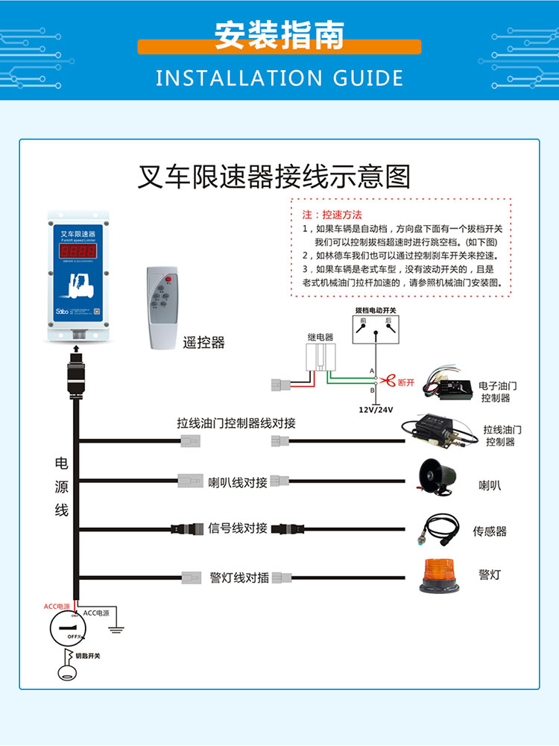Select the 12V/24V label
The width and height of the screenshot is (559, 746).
point(376,410)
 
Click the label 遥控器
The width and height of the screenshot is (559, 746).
point(203,343)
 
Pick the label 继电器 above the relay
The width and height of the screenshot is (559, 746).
point(320,337)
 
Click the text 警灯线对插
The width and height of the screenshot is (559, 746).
point(239,578)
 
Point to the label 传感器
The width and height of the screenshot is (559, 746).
point(489,531)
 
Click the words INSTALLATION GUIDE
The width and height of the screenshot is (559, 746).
point(279,78)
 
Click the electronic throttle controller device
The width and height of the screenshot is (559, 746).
point(447,385)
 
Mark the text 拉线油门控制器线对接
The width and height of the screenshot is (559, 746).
point(236,423)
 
